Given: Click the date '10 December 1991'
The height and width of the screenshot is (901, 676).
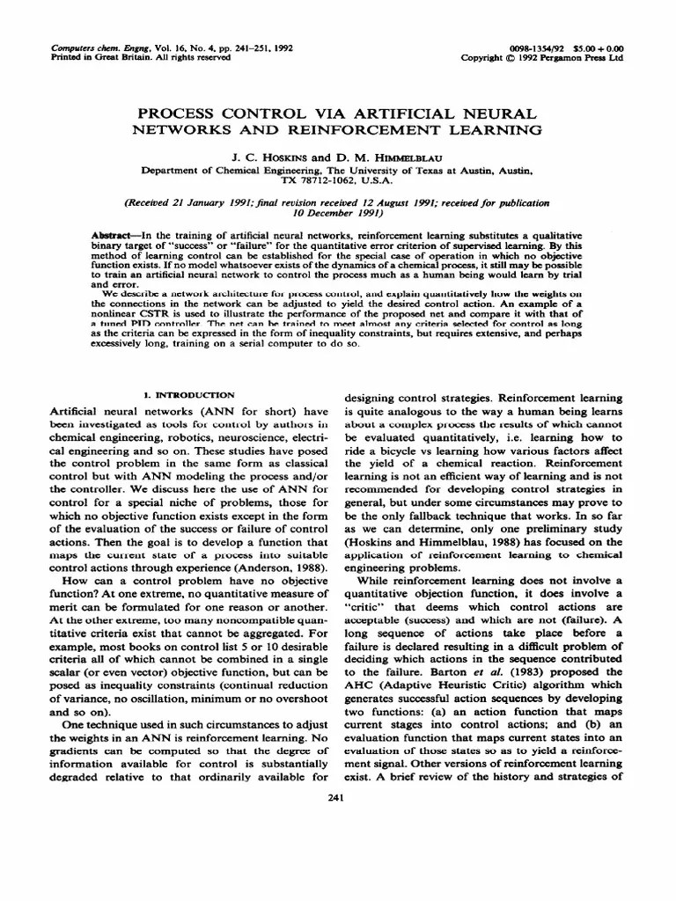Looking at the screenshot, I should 338,212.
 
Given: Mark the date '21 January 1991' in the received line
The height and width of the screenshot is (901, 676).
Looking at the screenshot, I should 215,201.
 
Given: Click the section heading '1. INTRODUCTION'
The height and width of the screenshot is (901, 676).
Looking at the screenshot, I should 188,396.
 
